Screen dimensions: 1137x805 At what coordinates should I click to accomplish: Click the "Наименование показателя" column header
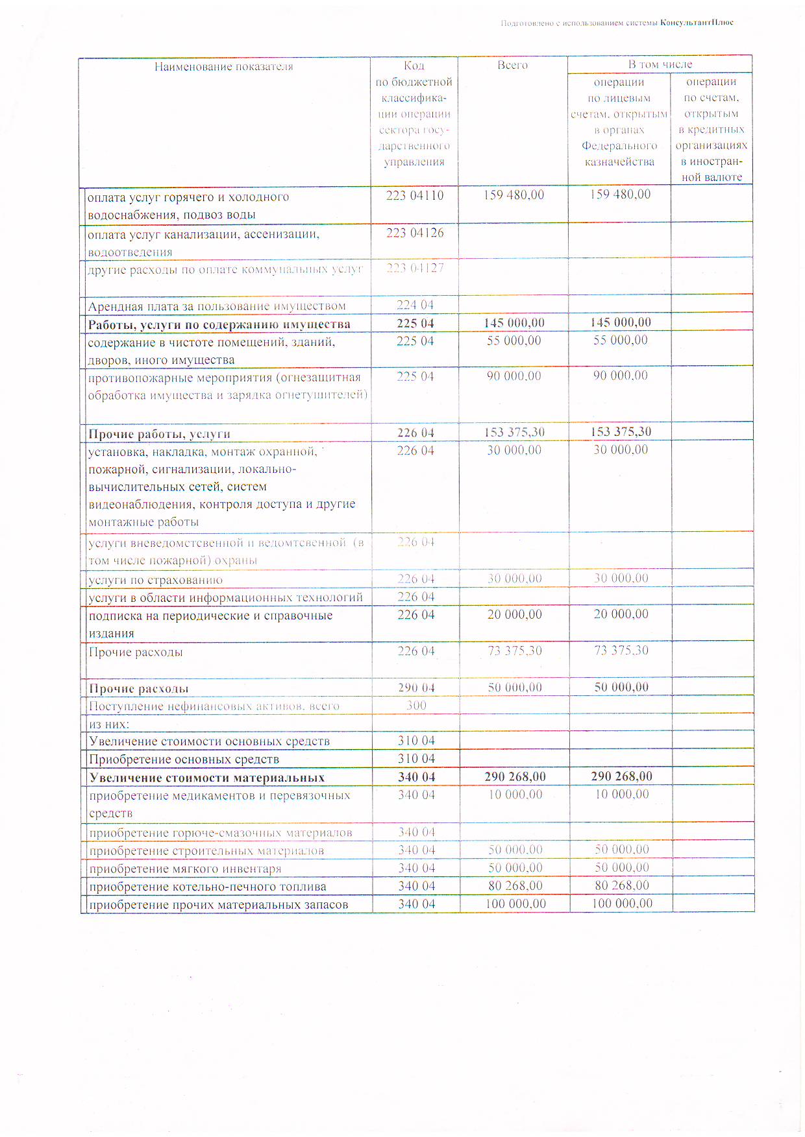click(223, 67)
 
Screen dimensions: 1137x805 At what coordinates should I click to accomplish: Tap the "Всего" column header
click(512, 65)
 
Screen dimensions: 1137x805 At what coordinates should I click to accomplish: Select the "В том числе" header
click(660, 64)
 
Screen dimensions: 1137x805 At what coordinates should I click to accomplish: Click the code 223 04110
click(414, 196)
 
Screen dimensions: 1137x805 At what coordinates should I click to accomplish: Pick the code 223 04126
click(414, 233)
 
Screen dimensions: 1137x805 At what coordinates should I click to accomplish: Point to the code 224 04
click(415, 305)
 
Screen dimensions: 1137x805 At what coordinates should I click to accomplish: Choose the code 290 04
click(416, 688)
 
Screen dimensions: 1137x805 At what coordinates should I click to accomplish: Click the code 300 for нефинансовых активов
click(416, 705)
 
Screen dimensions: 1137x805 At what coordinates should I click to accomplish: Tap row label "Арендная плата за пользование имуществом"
click(217, 306)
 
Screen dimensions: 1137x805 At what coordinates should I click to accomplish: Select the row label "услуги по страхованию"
click(156, 580)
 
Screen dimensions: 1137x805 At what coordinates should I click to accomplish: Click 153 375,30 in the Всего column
click(514, 433)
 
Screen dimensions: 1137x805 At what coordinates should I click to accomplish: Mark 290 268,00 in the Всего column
click(515, 777)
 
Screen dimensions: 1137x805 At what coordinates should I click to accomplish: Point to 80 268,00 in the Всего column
click(515, 886)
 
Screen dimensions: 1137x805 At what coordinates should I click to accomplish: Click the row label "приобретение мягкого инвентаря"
click(185, 868)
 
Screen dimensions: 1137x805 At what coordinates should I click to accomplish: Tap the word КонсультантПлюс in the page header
click(697, 23)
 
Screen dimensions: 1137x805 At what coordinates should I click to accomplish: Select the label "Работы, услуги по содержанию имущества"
click(219, 324)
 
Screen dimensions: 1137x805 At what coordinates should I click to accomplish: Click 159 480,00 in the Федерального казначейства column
click(620, 195)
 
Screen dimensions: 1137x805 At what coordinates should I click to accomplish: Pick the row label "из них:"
click(109, 724)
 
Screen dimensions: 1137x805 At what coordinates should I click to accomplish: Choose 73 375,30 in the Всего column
click(515, 651)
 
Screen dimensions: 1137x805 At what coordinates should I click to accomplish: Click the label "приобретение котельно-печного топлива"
click(208, 887)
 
